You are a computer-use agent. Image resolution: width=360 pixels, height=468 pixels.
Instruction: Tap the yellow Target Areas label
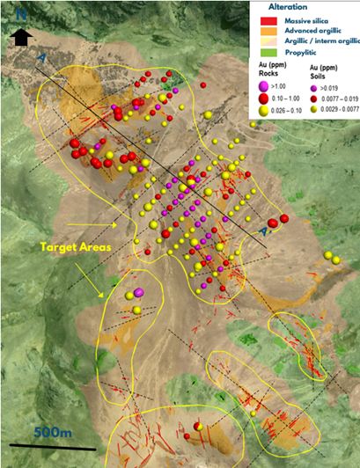tap(74, 249)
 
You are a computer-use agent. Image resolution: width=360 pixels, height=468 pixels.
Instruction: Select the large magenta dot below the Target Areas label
tap(138, 293)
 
